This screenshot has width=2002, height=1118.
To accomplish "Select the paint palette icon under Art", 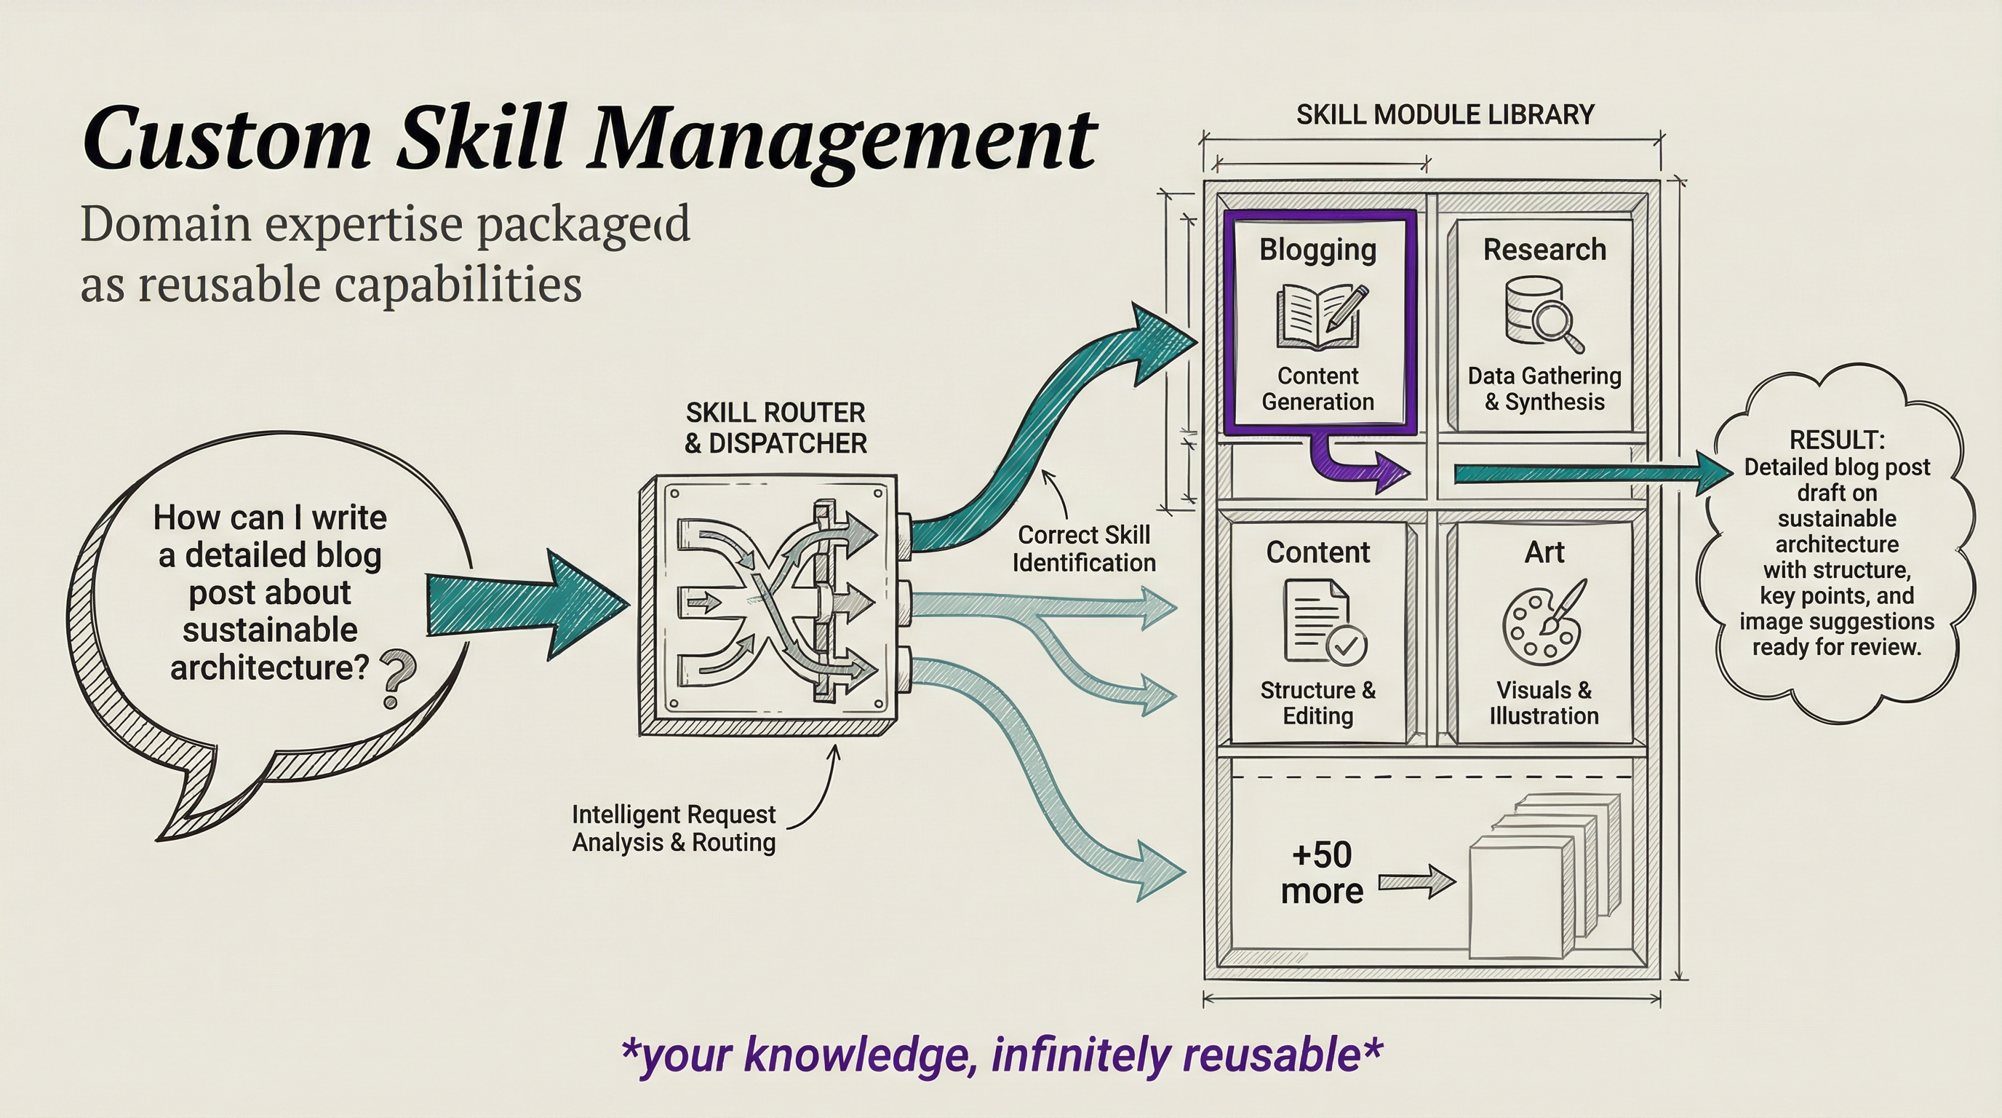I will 1543,619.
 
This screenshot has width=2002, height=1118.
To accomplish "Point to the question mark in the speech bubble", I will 396,678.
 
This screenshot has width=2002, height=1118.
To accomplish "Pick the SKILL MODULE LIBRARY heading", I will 1445,115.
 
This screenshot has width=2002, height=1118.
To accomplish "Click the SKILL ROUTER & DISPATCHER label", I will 775,427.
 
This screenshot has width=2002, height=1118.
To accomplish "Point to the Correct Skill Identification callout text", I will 1083,549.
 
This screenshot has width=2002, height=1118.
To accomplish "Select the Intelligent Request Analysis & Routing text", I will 674,829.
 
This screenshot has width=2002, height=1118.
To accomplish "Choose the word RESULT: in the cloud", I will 1836,440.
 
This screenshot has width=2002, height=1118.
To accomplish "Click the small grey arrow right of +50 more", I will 1416,882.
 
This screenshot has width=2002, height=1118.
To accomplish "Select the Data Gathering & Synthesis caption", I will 1544,389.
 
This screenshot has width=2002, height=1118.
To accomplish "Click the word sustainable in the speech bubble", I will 270,630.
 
